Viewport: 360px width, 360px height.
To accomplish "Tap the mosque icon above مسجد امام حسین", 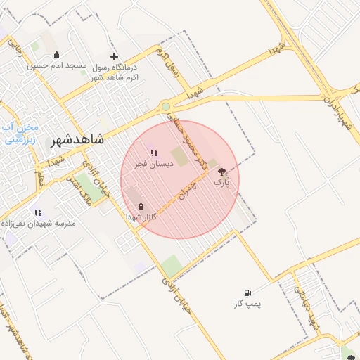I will (x=56, y=55).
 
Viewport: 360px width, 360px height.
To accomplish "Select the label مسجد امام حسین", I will (x=56, y=65).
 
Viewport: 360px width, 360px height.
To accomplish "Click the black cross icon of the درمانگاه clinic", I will (x=115, y=56).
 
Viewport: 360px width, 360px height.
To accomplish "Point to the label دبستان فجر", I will (x=150, y=163).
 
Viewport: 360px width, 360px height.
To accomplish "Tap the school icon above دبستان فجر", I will (x=154, y=153).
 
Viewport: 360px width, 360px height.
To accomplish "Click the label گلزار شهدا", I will (x=141, y=217).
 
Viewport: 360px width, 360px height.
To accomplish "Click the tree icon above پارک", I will (x=221, y=172).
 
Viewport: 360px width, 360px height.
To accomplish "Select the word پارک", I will (x=221, y=182).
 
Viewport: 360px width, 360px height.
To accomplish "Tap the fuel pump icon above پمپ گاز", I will (x=247, y=292).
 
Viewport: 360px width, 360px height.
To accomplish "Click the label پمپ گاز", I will (x=247, y=304).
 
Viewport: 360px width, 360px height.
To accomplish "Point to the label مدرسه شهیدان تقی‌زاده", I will (x=42, y=222).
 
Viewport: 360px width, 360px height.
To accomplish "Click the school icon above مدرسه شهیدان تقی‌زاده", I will (x=38, y=212).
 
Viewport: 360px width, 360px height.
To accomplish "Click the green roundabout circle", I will (x=165, y=107).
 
